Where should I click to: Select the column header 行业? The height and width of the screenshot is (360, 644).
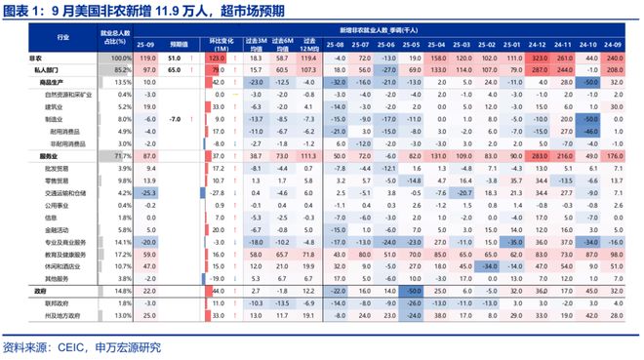coord(63,37)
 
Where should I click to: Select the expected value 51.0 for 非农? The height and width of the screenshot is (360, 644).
coord(177,60)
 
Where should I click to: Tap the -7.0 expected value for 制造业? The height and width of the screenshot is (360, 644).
coord(177,118)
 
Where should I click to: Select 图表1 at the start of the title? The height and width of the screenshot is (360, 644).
coord(22,11)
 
